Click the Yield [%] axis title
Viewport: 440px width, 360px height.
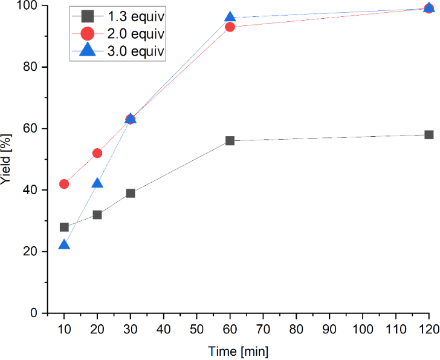[x=7, y=159]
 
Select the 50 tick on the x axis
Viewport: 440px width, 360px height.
[x=196, y=330]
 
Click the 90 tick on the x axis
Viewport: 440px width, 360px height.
[x=329, y=330]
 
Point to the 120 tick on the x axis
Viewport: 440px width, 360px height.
[x=429, y=330]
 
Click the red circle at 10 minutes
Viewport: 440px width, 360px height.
[x=64, y=184]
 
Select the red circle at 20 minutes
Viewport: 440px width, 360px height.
[x=97, y=153]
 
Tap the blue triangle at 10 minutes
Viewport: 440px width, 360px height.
[x=64, y=245]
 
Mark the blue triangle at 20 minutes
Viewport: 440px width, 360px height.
[x=97, y=183]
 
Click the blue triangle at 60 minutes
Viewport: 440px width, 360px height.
[x=230, y=18]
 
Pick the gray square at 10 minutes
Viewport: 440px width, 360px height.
[x=64, y=227]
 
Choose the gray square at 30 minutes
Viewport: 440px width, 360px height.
[x=131, y=193]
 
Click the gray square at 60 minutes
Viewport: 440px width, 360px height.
[x=230, y=141]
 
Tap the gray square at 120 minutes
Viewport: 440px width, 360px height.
[x=429, y=134]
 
